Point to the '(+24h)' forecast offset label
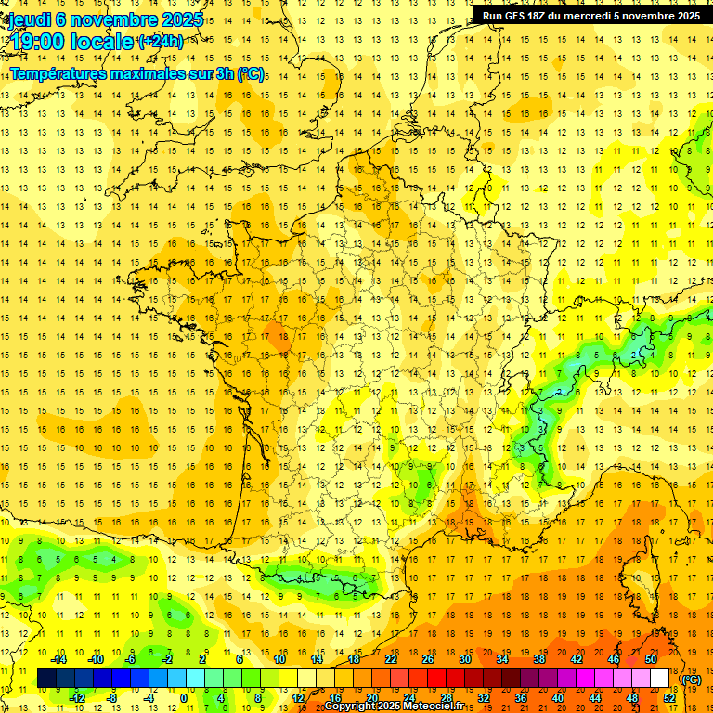[160, 42]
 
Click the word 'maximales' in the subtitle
[144, 73]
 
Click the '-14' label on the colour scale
[58, 659]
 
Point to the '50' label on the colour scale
[651, 659]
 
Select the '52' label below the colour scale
[669, 698]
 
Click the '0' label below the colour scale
[184, 698]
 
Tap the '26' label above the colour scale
[428, 659]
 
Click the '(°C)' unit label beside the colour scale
[691, 680]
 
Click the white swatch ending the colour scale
[660, 679]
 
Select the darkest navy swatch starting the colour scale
[47, 679]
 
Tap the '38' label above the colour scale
[539, 659]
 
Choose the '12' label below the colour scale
[298, 698]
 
